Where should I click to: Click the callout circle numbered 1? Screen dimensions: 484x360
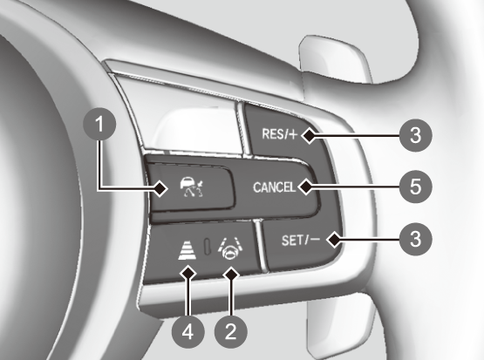click(x=99, y=125)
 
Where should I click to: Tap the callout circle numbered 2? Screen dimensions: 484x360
click(x=230, y=332)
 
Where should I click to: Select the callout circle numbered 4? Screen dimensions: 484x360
click(x=188, y=332)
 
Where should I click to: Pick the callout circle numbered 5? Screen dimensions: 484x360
click(x=415, y=187)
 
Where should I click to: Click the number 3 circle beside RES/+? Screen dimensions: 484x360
click(x=415, y=135)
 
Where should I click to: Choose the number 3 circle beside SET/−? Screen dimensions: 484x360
click(x=415, y=239)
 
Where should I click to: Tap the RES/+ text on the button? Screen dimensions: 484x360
click(x=279, y=134)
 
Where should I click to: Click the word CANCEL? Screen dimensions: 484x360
click(x=274, y=187)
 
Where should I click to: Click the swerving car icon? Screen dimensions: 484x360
click(x=192, y=187)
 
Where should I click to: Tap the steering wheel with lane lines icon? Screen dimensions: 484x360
click(x=230, y=248)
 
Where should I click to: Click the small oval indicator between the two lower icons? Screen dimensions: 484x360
click(x=208, y=246)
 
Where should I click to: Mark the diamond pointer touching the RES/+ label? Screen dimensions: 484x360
click(x=309, y=135)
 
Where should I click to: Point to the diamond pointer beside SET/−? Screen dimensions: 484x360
click(x=335, y=240)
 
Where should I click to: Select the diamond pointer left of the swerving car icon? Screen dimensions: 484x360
click(x=160, y=188)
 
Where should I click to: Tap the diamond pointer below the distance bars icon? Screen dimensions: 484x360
click(x=188, y=274)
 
